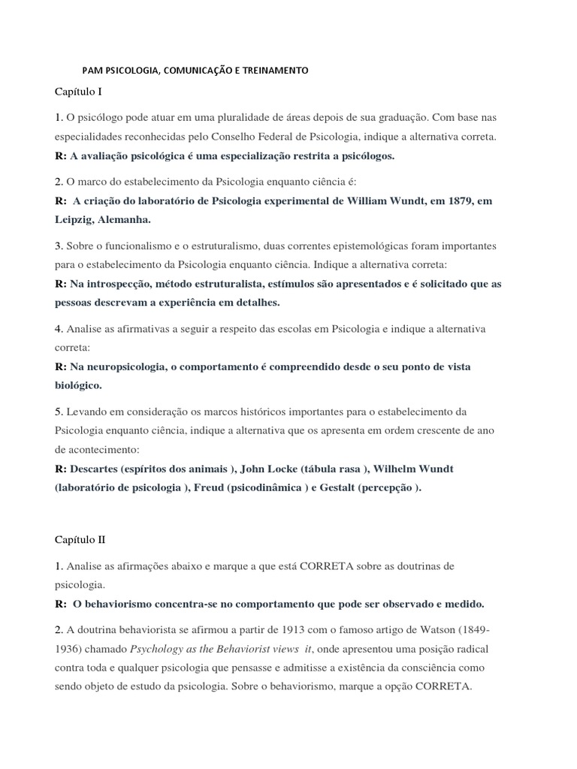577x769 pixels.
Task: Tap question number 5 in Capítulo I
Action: point(58,412)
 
